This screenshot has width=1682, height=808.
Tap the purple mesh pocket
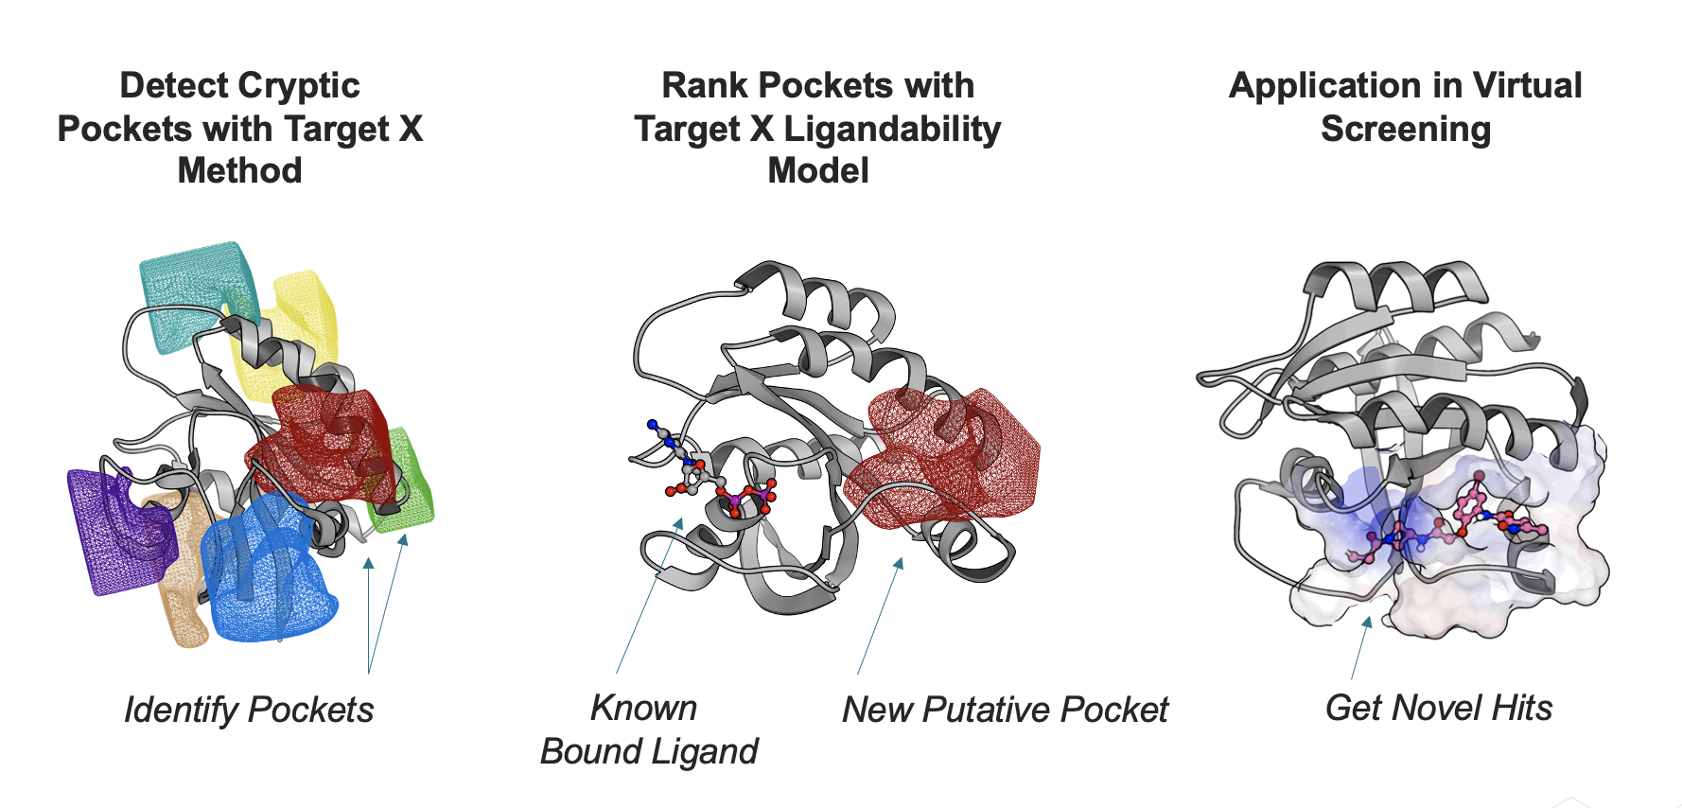(x=109, y=530)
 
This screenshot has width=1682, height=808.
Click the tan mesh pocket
(x=184, y=587)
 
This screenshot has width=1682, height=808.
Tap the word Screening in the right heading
(x=1406, y=129)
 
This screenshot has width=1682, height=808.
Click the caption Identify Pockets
(x=249, y=710)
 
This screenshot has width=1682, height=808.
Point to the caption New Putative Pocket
(x=1005, y=710)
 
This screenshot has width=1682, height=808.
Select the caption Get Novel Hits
(x=1438, y=708)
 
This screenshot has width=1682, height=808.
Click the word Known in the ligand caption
(x=643, y=708)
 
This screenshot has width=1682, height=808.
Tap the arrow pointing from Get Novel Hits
(x=1360, y=648)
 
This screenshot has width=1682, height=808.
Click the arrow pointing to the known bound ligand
(x=648, y=596)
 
